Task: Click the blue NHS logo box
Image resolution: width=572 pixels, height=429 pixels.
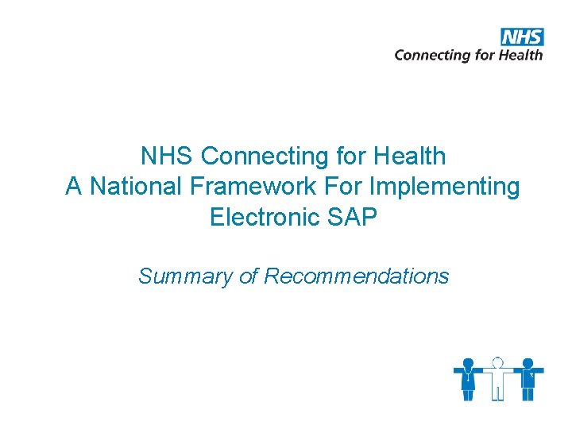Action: (522, 37)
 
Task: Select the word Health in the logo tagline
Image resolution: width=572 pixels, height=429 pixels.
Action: (520, 55)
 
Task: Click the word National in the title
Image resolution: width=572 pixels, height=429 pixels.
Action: (135, 187)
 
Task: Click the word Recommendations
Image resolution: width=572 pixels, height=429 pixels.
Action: (356, 276)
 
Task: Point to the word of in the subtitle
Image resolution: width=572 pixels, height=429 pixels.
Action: (249, 276)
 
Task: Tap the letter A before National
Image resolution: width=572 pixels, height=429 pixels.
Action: (73, 187)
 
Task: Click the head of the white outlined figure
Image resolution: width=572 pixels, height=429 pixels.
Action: (498, 362)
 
